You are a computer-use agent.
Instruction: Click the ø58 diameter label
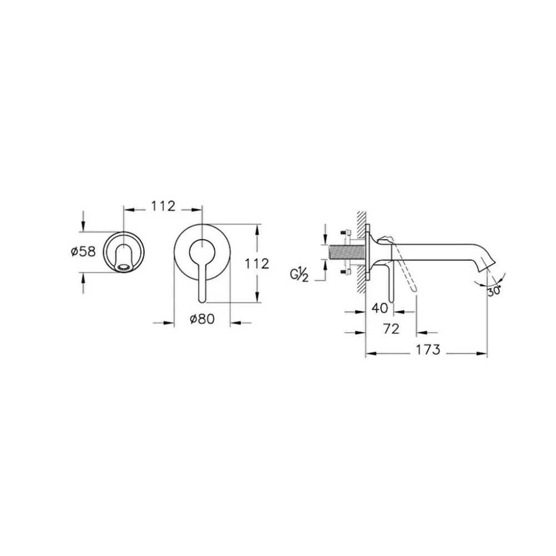point(83,252)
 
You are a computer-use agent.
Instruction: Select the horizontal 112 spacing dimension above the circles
point(163,206)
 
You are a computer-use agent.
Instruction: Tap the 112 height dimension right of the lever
point(257,264)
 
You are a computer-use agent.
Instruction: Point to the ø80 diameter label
point(202,319)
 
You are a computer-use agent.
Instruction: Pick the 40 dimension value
point(379,308)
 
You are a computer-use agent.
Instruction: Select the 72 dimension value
point(391,329)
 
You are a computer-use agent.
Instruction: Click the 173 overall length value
point(428,350)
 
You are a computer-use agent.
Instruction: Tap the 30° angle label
point(494,291)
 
